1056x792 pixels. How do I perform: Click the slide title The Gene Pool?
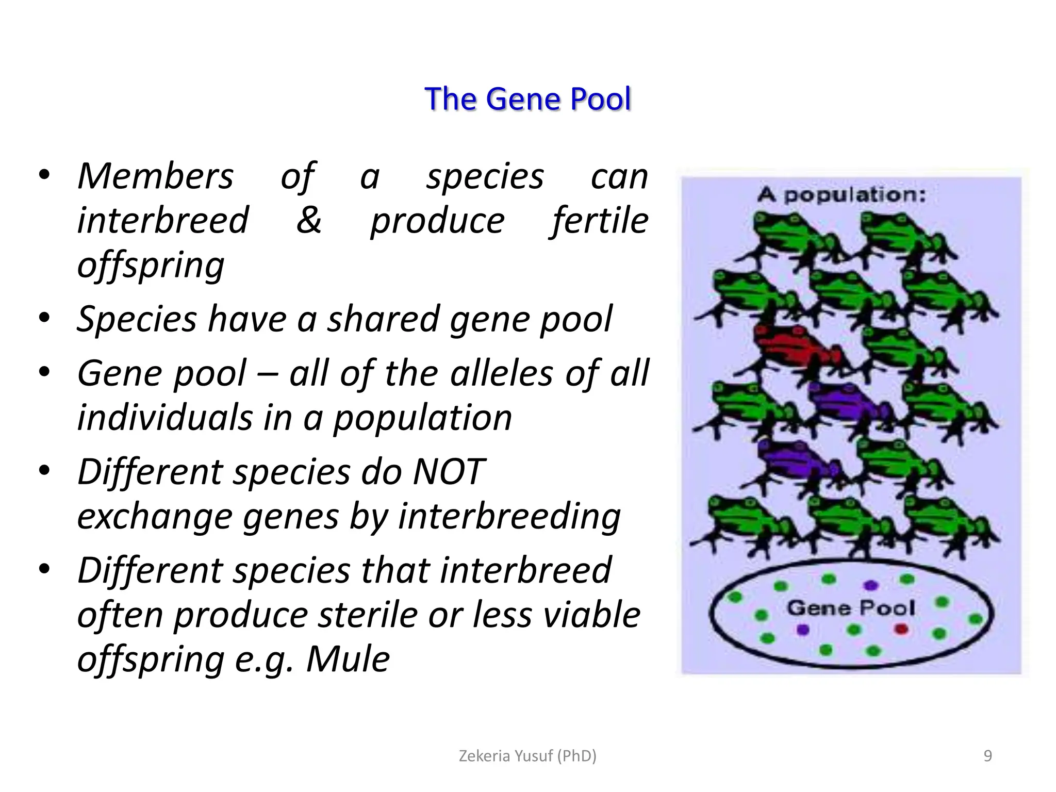pos(527,99)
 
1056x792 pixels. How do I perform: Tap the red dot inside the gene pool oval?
pos(901,629)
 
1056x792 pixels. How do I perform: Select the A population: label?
pos(841,195)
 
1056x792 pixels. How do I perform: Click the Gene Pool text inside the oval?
pos(851,608)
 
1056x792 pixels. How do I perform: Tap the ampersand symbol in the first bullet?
pos(308,220)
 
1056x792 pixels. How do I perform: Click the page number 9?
pos(987,756)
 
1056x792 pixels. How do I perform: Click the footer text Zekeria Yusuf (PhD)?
pos(527,756)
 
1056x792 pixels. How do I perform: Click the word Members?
pos(155,176)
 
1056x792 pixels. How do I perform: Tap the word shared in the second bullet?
pos(383,318)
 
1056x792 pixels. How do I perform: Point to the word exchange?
pos(154,517)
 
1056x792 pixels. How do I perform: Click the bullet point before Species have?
pos(44,317)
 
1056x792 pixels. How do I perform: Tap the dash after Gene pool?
pos(268,373)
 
